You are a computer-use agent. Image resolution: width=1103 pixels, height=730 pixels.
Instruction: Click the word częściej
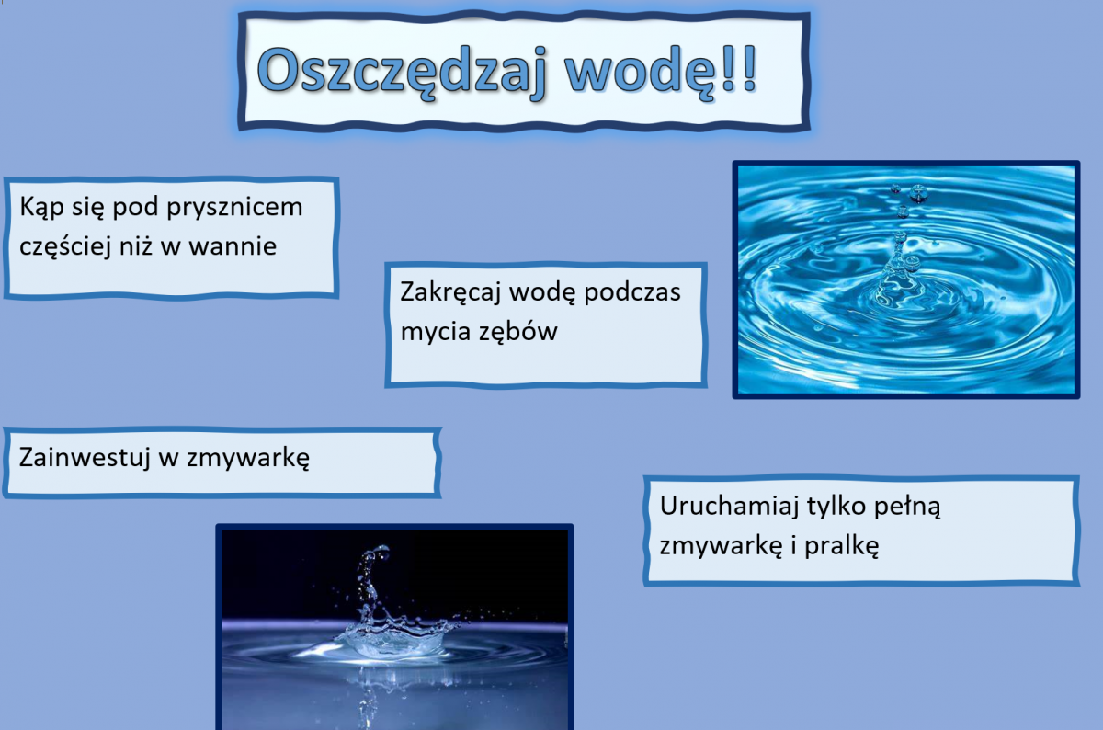(65, 247)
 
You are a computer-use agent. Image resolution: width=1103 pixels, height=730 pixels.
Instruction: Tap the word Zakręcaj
(450, 293)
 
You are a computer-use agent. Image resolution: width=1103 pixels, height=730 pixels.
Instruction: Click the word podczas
(631, 293)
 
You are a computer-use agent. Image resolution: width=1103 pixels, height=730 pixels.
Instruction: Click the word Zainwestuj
(85, 459)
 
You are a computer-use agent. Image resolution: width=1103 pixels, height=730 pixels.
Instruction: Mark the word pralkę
(842, 547)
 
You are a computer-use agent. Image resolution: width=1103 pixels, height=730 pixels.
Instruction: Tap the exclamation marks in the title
(740, 69)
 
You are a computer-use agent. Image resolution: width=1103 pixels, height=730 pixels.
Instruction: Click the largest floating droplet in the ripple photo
(918, 192)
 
